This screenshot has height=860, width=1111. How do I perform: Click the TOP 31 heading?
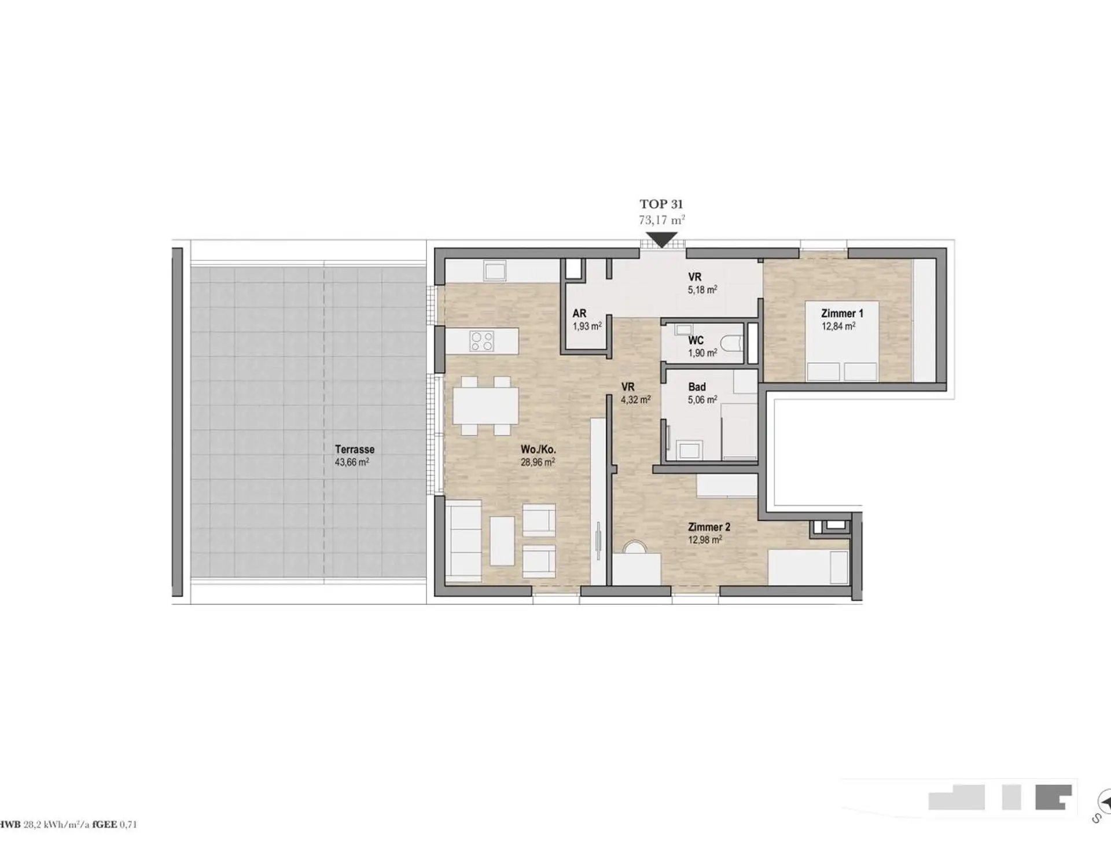[x=661, y=204]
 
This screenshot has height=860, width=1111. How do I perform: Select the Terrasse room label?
[x=355, y=449]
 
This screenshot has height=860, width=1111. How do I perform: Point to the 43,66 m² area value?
[x=352, y=462]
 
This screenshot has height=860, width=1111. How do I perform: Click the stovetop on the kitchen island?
[x=482, y=341]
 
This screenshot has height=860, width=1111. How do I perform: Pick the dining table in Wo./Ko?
[x=485, y=406]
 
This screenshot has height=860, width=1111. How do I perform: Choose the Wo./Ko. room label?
[x=538, y=449]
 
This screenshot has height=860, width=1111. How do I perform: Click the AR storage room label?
[x=579, y=314]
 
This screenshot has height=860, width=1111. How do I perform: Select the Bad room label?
[x=697, y=387]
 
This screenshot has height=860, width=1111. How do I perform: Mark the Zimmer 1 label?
[x=842, y=313]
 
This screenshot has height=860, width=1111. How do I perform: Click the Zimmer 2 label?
[x=709, y=527]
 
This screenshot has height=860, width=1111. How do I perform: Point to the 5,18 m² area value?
[x=702, y=289]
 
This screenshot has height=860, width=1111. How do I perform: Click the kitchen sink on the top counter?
[x=495, y=271]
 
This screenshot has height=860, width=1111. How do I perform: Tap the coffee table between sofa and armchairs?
[x=502, y=541]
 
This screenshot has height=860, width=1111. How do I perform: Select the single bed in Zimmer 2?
[x=808, y=567]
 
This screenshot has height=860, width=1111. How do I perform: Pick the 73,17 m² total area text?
[x=662, y=220]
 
